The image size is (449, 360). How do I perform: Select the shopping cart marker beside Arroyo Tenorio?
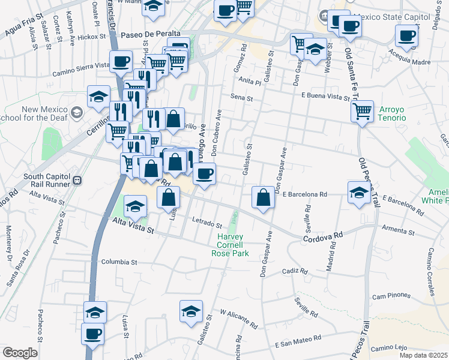pyautogui.click(x=362, y=111)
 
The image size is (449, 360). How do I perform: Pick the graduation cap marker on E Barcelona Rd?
pyautogui.click(x=358, y=192)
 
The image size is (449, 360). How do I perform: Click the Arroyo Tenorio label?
pyautogui.click(x=392, y=114)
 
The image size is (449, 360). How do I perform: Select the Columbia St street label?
pyautogui.click(x=119, y=262)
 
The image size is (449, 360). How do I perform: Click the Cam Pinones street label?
pyautogui.click(x=391, y=296)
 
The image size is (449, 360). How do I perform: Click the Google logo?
pyautogui.click(x=20, y=353)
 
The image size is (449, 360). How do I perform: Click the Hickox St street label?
pyautogui.click(x=88, y=37)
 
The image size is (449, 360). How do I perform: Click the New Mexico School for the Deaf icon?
pyautogui.click(x=76, y=112)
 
